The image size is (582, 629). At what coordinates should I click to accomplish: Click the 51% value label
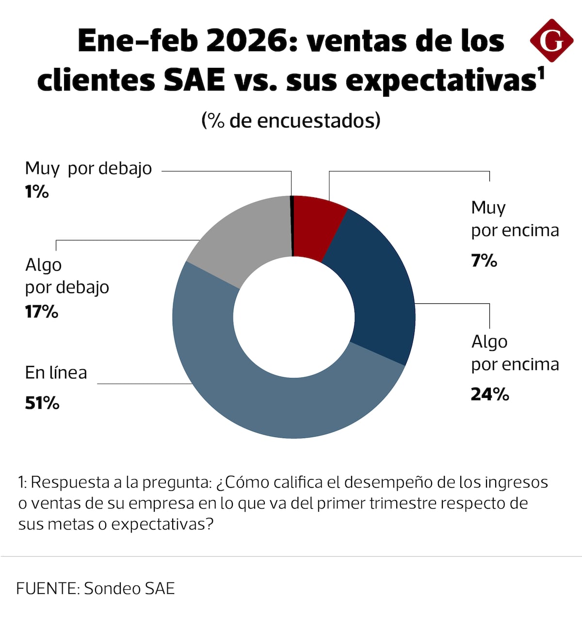pos(42,403)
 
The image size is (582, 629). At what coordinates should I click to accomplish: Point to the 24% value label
pos(490,394)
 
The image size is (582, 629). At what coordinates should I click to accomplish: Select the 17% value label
pos(42,311)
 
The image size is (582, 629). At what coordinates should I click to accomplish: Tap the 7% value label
pos(484,261)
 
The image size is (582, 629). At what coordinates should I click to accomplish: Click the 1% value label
pos(37,192)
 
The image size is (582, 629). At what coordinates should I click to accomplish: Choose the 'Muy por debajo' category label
pos(88,169)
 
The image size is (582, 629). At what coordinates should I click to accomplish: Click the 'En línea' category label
pos(56,373)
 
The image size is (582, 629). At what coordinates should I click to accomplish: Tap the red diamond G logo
pos(551,41)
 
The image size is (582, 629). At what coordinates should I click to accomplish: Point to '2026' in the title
pos(252,41)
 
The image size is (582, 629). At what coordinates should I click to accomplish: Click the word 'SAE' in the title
pos(194,80)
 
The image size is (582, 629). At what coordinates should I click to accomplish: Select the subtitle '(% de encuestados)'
pos(291,120)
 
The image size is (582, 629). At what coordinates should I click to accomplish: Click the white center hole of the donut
pos(293,317)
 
